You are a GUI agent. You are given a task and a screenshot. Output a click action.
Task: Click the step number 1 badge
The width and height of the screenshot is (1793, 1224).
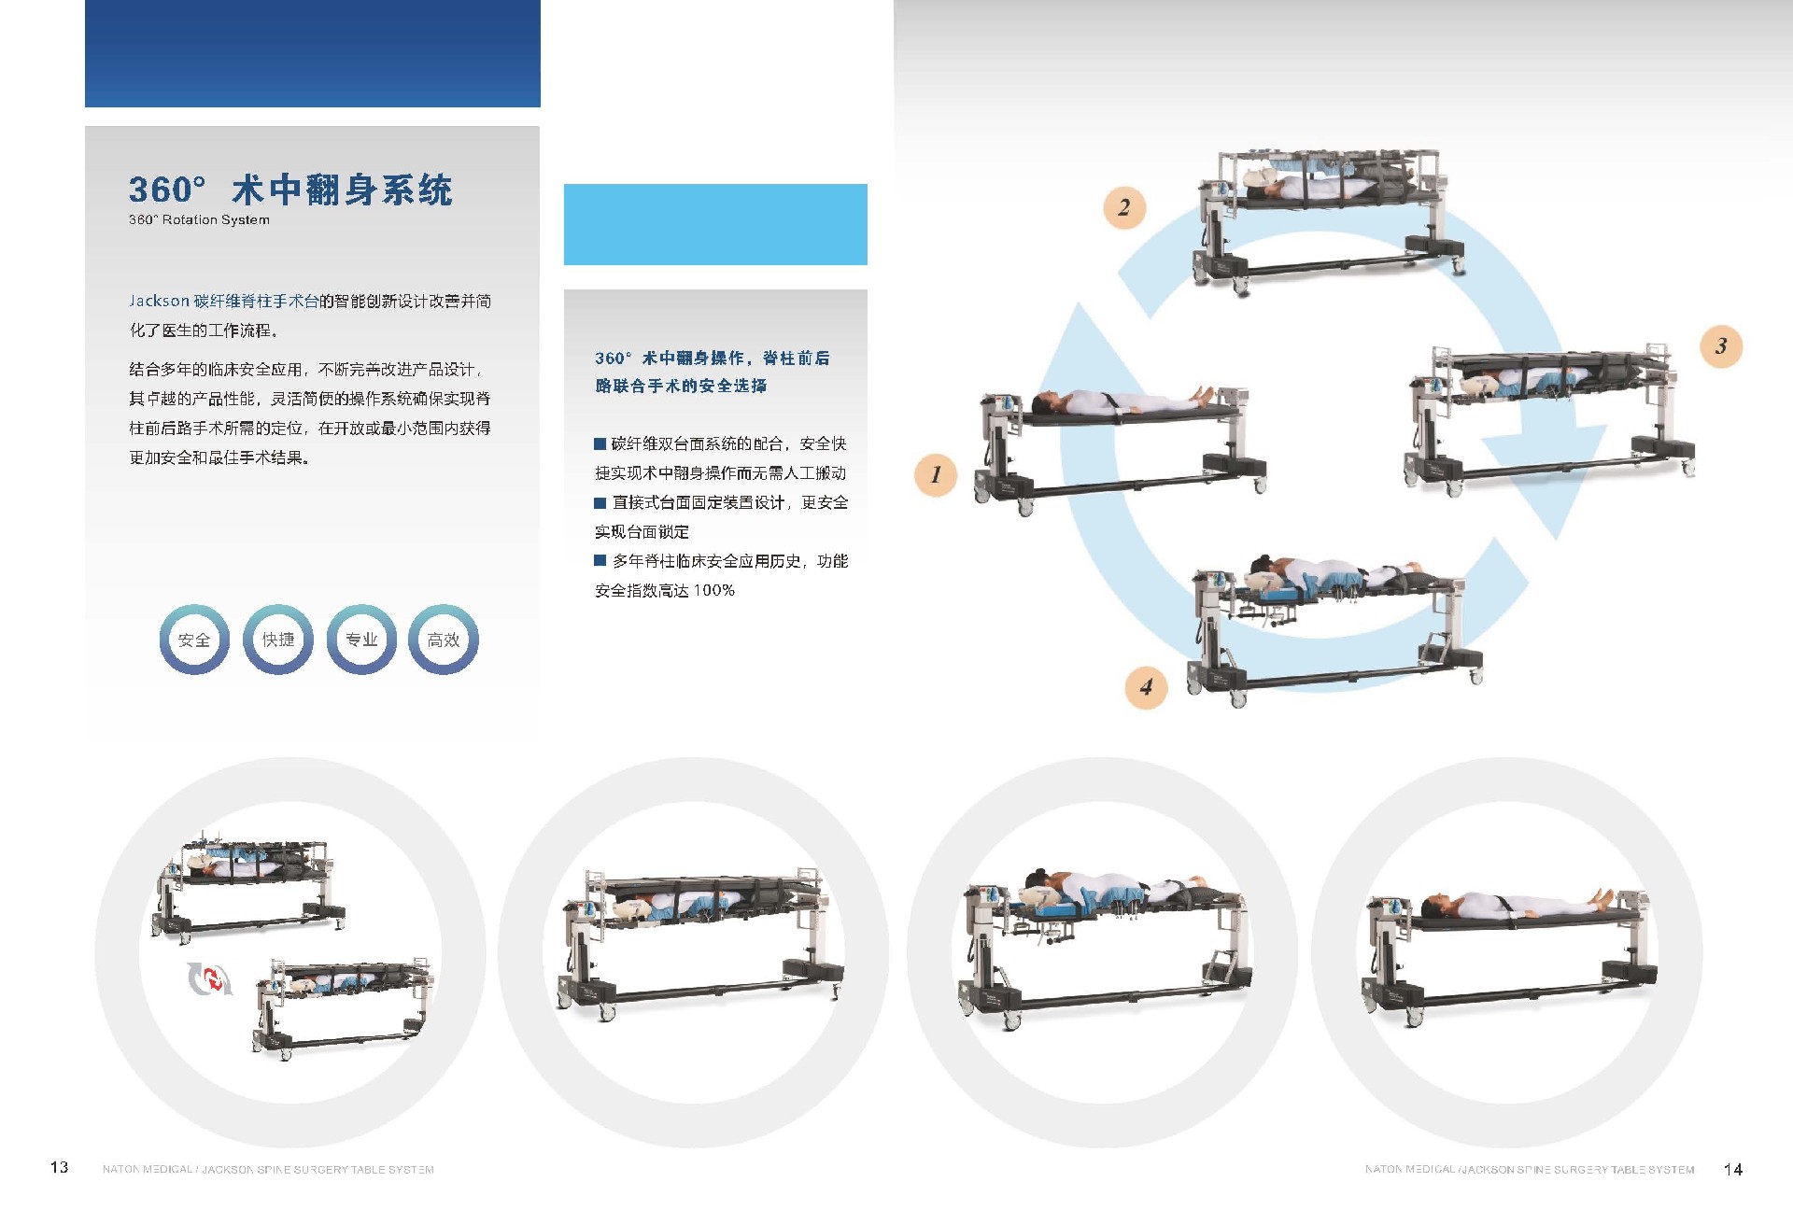(936, 474)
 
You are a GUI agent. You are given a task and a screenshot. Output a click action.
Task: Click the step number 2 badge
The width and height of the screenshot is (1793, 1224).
(1124, 207)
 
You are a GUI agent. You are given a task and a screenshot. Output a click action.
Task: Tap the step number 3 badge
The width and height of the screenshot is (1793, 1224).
(1721, 346)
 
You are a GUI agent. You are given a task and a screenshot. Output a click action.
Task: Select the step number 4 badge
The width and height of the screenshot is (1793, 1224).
(1146, 687)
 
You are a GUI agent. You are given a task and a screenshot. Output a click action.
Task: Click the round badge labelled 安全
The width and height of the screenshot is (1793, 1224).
(194, 640)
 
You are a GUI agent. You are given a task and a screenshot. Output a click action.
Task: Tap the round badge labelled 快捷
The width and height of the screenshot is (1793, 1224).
(278, 640)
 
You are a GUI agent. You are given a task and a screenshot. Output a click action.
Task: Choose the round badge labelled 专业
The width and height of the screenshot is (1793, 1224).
(361, 640)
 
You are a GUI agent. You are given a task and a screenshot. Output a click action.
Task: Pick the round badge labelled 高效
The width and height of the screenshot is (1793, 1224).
(444, 640)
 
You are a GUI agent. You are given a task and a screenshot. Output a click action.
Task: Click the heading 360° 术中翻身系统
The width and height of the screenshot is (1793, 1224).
(290, 190)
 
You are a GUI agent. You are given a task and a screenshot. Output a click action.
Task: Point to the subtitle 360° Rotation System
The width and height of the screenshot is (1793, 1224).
(199, 220)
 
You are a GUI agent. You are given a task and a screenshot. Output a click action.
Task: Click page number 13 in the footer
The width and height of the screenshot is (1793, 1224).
(59, 1167)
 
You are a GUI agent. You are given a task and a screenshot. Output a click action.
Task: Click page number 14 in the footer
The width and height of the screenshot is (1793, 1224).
(1733, 1169)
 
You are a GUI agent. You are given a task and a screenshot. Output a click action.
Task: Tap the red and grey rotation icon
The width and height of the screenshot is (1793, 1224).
(209, 978)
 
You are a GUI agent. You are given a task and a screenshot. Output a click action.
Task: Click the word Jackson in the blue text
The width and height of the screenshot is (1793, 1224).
(159, 301)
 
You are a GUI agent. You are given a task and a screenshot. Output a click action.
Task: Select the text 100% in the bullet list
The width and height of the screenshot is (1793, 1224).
(713, 590)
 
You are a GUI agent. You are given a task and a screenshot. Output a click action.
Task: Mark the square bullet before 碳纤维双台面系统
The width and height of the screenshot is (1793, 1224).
(600, 443)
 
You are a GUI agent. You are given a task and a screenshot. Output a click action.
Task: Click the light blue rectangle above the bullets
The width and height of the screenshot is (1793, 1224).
(715, 224)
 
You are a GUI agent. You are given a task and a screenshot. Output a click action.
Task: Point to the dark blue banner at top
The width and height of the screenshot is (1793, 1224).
(313, 53)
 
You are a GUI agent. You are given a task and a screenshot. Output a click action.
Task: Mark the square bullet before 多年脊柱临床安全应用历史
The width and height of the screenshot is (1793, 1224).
(600, 560)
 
